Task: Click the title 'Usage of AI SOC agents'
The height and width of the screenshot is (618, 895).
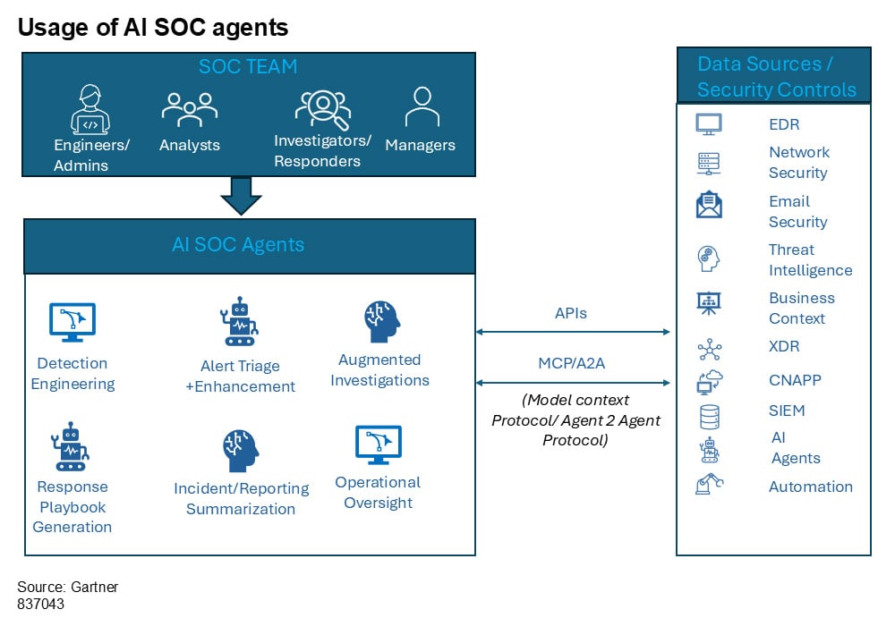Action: [153, 27]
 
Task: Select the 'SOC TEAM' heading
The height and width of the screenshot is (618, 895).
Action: [248, 67]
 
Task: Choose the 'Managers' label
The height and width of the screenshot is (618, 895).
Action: [420, 145]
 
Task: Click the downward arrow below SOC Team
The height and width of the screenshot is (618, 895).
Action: [240, 195]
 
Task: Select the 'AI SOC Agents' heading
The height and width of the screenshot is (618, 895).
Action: [238, 244]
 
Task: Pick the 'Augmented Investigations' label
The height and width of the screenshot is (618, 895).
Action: [379, 370]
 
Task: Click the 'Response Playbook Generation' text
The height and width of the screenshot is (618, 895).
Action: [72, 506]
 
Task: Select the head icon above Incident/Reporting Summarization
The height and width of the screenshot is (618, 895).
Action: [240, 451]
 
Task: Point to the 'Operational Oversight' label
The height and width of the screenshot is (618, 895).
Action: [378, 492]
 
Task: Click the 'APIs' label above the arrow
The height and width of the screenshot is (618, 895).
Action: [572, 314]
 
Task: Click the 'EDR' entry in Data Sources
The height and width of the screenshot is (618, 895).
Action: [784, 124]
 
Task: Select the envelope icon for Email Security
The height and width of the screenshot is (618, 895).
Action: [709, 206]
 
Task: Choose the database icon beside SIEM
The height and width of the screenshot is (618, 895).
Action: [709, 416]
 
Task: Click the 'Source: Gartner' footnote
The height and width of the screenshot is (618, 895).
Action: [68, 587]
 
